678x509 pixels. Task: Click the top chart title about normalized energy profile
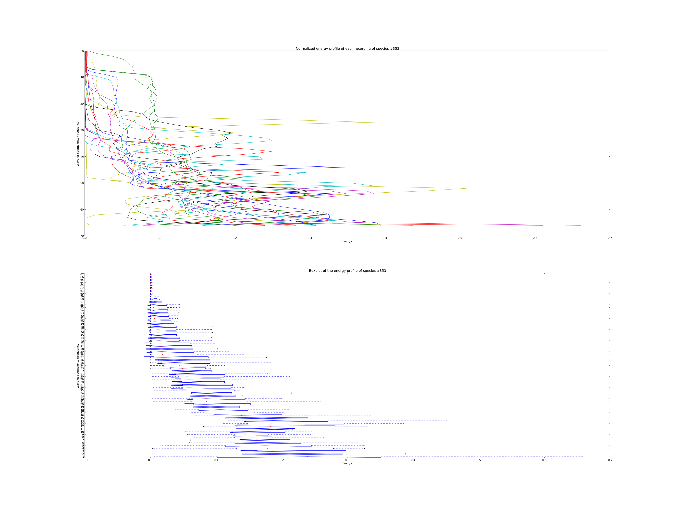(x=347, y=49)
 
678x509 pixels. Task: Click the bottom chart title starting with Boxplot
(x=347, y=271)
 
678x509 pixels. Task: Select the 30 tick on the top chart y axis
(x=82, y=130)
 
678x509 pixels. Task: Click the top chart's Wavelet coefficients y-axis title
(x=78, y=143)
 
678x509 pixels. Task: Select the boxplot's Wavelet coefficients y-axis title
(x=78, y=365)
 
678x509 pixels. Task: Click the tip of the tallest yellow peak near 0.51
(x=466, y=188)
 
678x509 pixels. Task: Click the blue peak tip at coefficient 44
(x=345, y=167)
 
